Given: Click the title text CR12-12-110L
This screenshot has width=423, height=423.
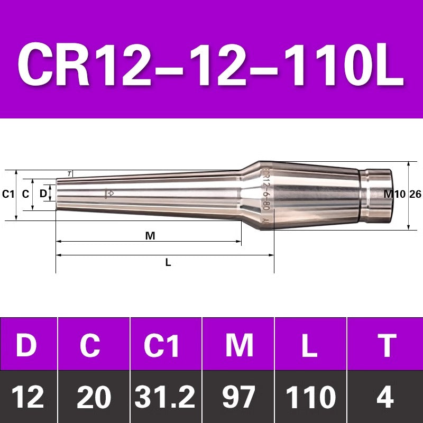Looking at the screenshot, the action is [210, 64].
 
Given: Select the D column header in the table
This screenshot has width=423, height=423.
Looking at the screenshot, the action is [26, 345].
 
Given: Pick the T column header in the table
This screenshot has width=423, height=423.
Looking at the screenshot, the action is [387, 345].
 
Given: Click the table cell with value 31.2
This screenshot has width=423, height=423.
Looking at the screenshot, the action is [165, 397].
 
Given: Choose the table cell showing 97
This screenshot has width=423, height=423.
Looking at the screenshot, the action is [238, 397].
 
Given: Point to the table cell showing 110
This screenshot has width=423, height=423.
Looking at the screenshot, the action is [310, 397].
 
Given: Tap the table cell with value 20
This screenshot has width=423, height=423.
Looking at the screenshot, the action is [94, 397].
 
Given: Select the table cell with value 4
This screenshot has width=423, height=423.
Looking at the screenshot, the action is [385, 397].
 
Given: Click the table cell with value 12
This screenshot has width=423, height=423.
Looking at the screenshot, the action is [28, 397].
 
